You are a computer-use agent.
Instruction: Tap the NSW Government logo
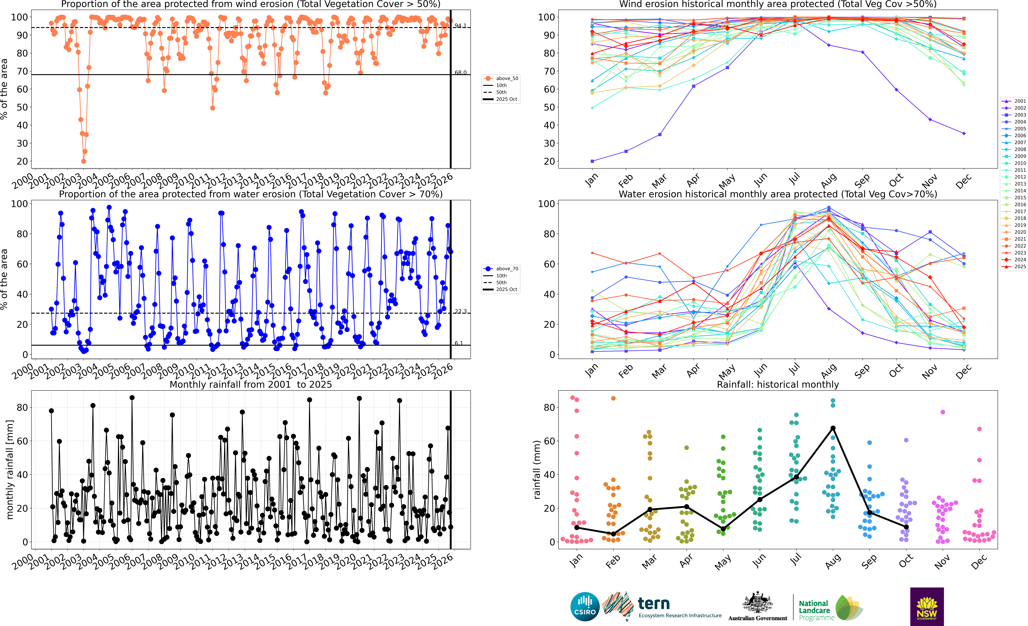click(x=927, y=606)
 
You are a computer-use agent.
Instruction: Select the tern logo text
click(x=654, y=604)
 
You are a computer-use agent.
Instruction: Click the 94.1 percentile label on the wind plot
click(x=461, y=26)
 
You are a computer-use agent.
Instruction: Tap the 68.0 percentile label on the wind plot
click(x=461, y=73)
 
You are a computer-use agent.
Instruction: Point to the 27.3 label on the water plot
click(x=461, y=311)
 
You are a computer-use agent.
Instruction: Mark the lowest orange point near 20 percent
click(x=83, y=161)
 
